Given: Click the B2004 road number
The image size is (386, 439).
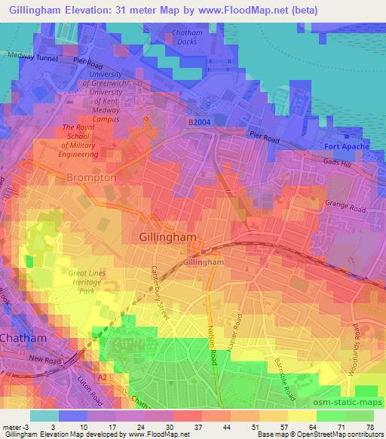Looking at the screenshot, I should [x=199, y=120].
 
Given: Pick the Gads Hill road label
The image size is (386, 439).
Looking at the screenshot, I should [x=348, y=163].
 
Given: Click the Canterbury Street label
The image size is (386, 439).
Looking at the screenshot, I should [x=161, y=291].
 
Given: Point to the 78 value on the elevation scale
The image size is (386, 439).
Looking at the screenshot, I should [x=370, y=429].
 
